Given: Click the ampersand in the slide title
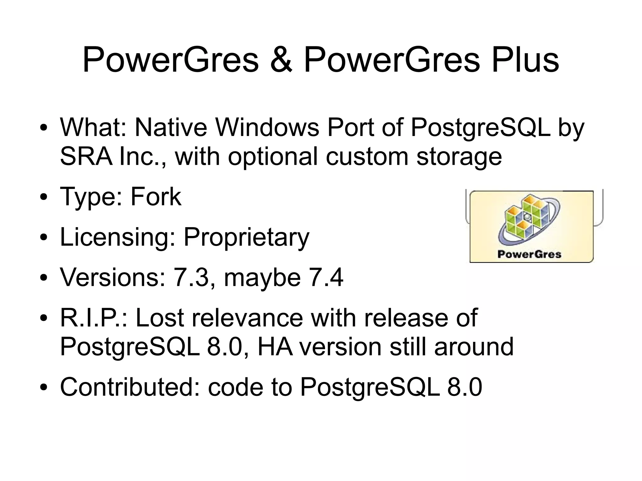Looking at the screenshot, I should point(281,60).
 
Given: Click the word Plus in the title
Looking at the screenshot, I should point(525,60).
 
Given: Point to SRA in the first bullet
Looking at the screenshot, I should point(86,156).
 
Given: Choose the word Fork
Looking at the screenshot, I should point(156,197).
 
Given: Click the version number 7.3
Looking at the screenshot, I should point(191,277).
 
